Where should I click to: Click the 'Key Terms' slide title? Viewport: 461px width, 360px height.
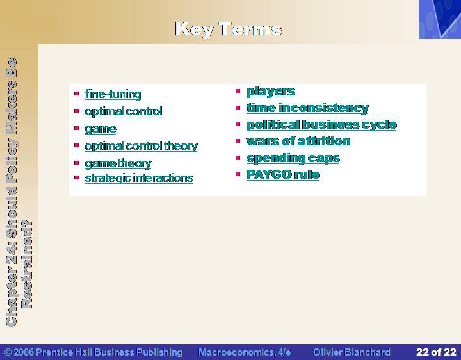(229, 29)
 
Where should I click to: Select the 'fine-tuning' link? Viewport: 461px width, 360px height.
(113, 94)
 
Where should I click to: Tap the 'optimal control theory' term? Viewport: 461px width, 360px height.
(141, 146)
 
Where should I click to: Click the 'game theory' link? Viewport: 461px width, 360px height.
(118, 163)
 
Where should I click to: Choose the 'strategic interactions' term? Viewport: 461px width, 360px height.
(139, 178)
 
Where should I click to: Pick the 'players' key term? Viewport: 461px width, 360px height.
(270, 92)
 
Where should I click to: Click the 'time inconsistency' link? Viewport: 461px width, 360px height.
(307, 108)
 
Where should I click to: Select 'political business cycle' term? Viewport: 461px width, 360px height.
(321, 125)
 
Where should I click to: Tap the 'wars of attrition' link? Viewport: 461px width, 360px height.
(298, 142)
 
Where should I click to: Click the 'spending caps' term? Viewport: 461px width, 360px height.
(293, 158)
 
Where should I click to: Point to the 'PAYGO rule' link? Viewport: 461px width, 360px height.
(283, 174)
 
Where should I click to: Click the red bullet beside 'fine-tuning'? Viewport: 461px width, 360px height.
(76, 94)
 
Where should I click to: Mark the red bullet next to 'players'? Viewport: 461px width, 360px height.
(238, 91)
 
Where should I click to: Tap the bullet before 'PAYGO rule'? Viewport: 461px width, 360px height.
(238, 174)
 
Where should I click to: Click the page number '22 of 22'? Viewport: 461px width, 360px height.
(436, 352)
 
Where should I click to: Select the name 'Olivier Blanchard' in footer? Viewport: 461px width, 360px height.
(352, 352)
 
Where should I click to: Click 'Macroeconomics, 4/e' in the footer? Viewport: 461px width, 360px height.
(245, 352)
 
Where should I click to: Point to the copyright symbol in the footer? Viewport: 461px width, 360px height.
(8, 352)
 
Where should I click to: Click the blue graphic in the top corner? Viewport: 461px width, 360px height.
(440, 19)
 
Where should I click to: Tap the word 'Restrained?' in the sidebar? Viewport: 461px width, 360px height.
(27, 265)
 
